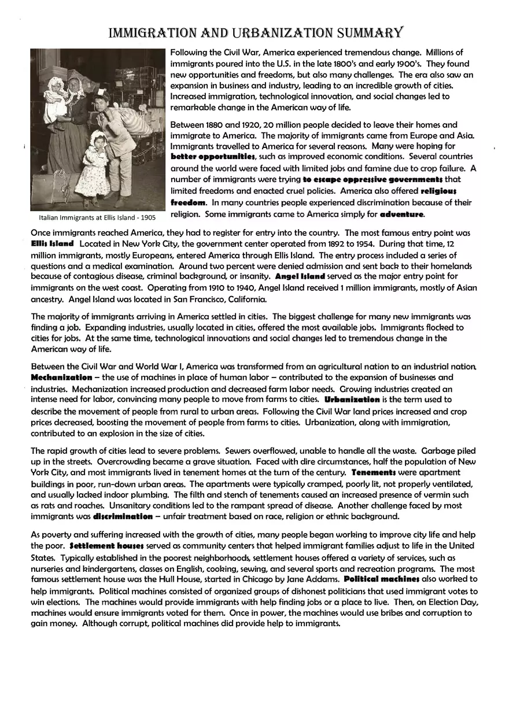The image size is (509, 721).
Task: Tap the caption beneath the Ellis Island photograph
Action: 97,218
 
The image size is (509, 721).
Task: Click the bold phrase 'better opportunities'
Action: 213,157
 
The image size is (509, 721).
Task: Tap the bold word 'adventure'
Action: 401,215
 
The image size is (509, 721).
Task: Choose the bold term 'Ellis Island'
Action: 52,244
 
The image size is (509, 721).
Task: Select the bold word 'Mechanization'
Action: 61,378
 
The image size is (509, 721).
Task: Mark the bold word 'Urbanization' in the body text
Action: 352,400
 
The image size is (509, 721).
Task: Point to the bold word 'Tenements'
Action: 374,472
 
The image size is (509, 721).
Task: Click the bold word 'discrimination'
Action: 123,516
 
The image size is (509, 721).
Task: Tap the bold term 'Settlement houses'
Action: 106,546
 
